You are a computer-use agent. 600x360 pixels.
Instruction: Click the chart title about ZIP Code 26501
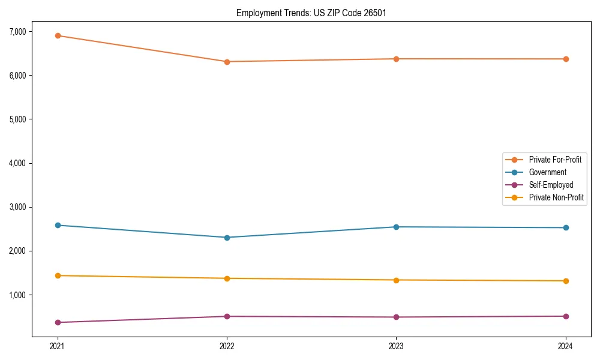coord(311,13)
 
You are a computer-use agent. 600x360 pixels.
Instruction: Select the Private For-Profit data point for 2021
coord(58,35)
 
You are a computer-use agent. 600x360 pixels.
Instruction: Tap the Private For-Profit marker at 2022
coord(227,62)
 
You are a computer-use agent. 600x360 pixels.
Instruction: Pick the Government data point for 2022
coord(227,238)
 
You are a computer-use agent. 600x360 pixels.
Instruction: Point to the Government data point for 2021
coord(58,225)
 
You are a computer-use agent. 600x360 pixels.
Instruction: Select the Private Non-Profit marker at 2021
coord(58,275)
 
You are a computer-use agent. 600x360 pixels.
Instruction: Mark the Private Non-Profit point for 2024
coord(566,281)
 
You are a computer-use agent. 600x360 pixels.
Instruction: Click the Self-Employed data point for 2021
coord(58,322)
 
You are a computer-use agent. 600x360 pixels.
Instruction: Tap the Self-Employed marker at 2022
coord(227,316)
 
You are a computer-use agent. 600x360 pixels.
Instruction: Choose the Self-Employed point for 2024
coord(566,316)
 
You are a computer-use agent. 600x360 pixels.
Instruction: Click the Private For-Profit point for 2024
coord(566,59)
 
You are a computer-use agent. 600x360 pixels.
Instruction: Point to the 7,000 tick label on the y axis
coord(20,31)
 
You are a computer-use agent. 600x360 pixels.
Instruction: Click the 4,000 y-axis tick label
coord(20,163)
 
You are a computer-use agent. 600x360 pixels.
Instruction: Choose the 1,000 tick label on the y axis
coord(20,295)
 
